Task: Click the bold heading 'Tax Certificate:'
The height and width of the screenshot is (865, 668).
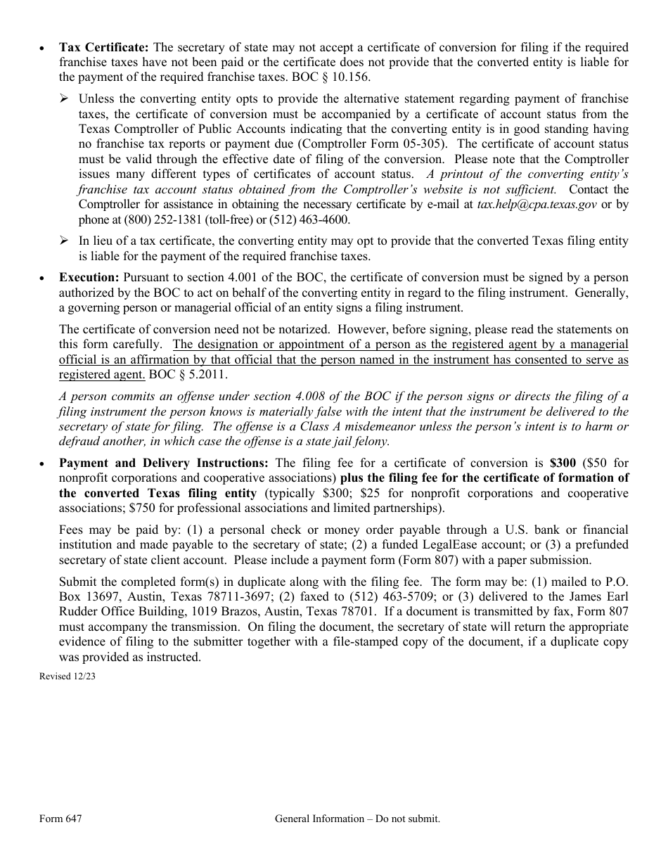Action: pyautogui.click(x=103, y=48)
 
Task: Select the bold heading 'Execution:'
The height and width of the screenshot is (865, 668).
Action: pyautogui.click(x=89, y=278)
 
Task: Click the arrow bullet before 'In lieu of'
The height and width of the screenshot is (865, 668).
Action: pyautogui.click(x=64, y=241)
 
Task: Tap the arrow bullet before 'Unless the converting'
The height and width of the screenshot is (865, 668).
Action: pyautogui.click(x=64, y=98)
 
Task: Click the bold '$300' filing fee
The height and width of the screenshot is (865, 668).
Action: pyautogui.click(x=563, y=463)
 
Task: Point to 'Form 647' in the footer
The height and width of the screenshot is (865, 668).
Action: pyautogui.click(x=56, y=819)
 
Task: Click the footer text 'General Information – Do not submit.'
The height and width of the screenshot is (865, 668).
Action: pyautogui.click(x=357, y=819)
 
